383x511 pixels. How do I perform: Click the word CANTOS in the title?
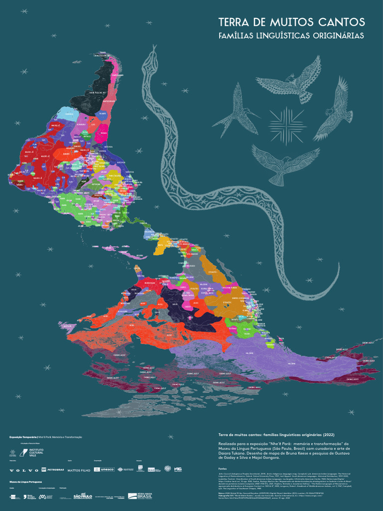(339, 22)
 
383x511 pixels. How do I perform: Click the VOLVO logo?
(23, 470)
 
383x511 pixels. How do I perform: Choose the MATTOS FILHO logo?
(80, 470)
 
